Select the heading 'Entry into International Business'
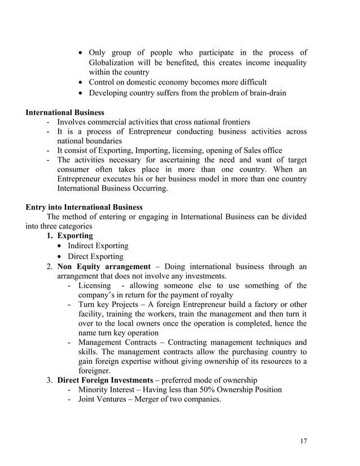click(x=84, y=207)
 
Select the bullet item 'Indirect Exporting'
click(x=98, y=246)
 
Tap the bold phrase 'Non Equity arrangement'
click(x=104, y=266)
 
